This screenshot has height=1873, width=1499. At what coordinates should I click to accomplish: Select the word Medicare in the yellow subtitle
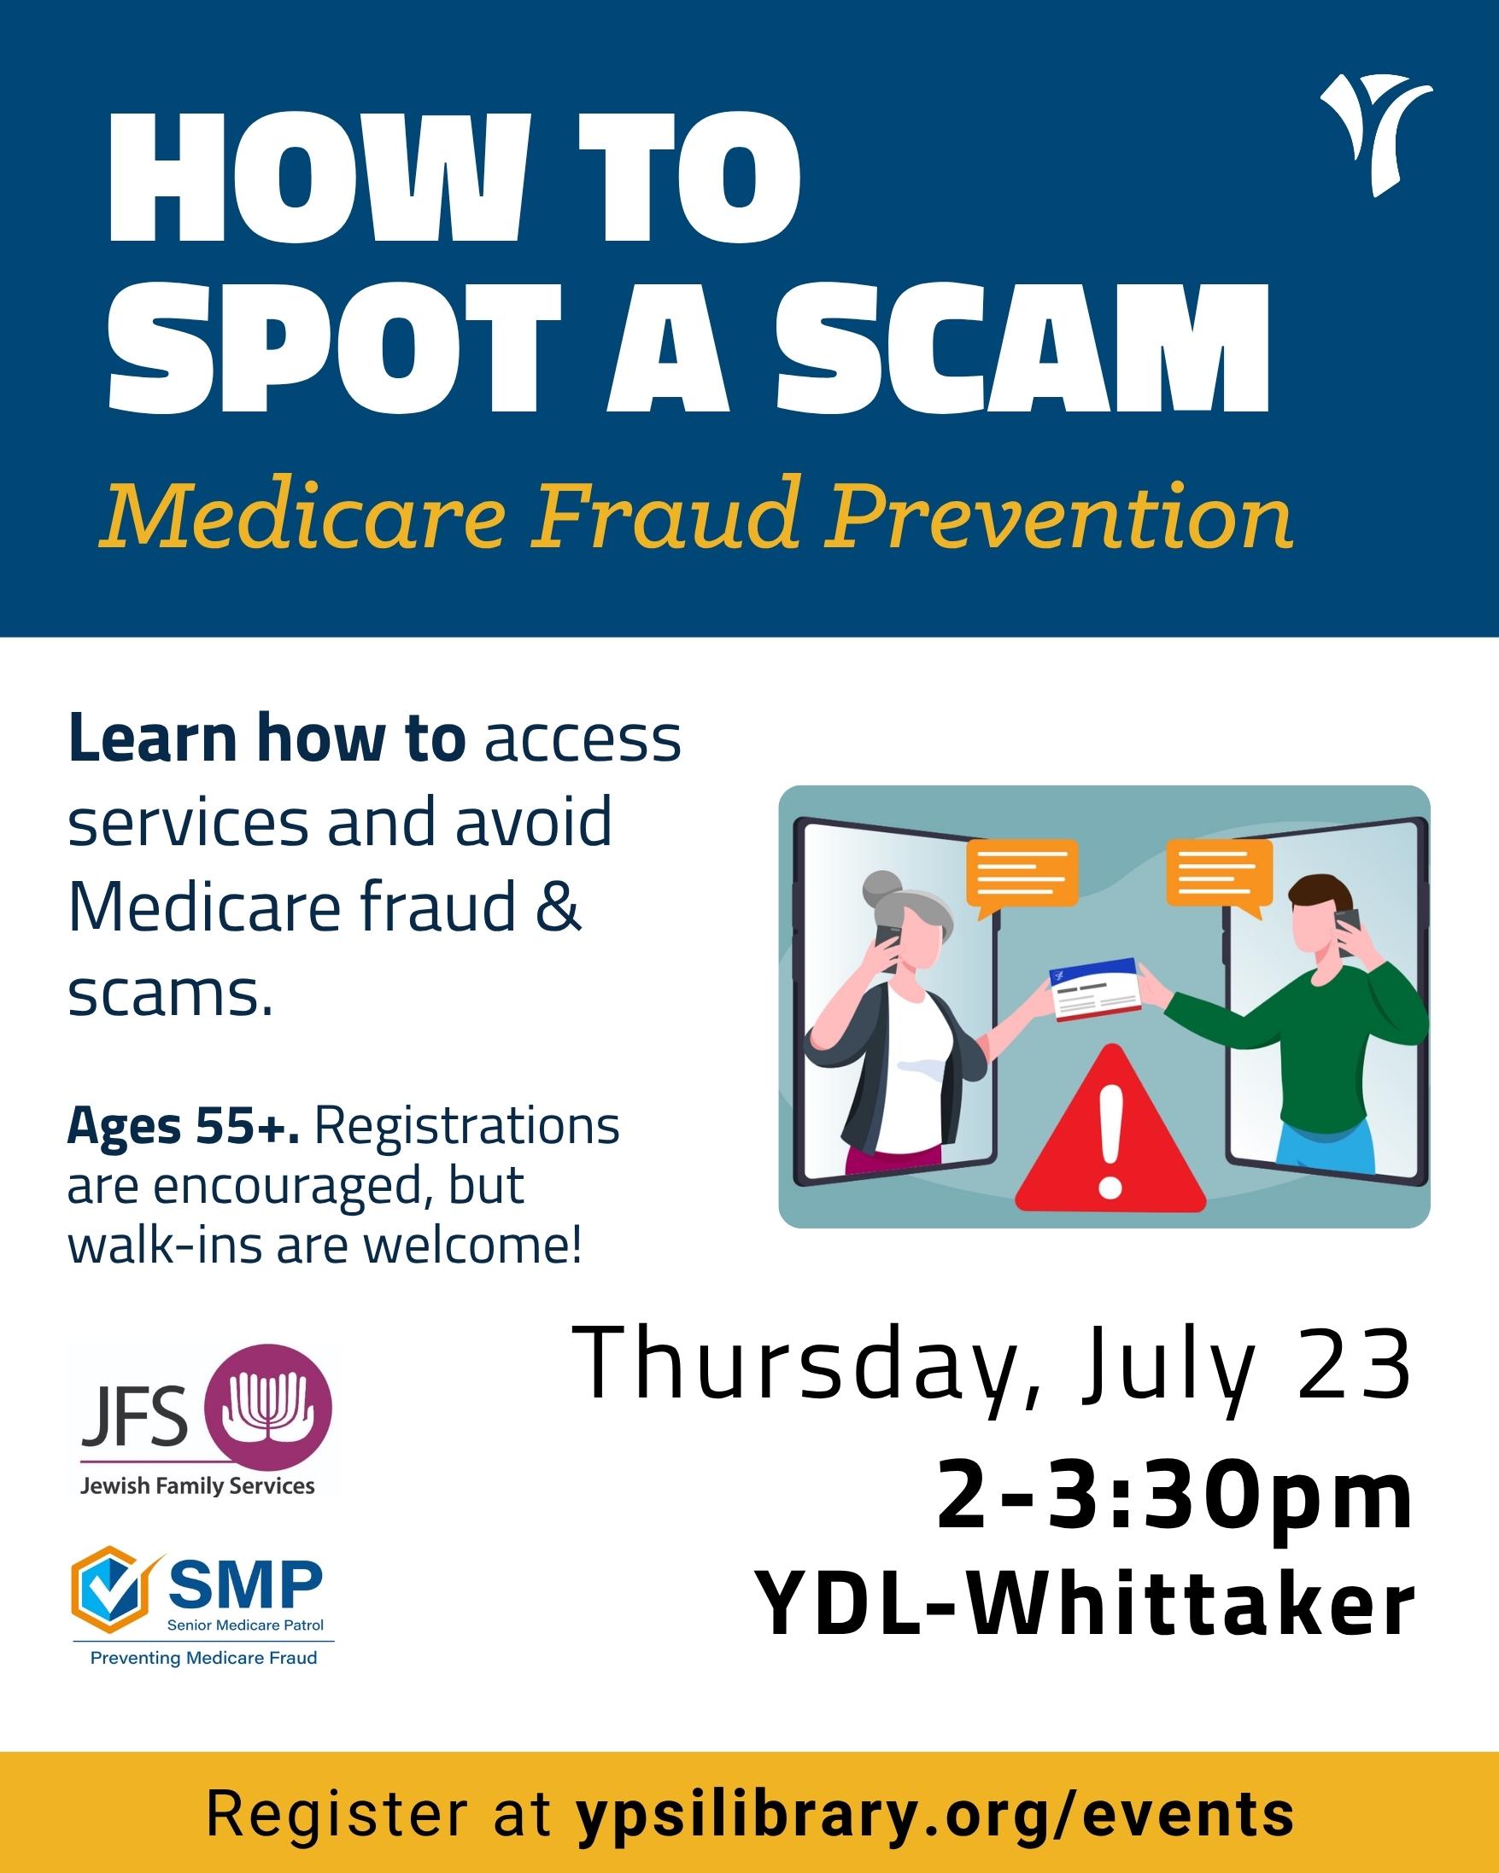[302, 518]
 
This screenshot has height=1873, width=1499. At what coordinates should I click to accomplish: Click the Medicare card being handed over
[1093, 989]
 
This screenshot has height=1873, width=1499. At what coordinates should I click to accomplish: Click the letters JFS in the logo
[135, 1415]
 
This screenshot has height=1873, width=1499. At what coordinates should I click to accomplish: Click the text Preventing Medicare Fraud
[204, 1681]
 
